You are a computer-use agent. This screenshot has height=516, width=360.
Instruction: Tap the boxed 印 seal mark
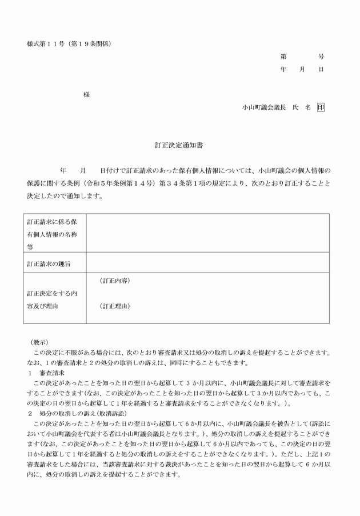tap(321, 106)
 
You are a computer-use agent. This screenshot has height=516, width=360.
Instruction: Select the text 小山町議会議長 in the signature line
tap(263, 107)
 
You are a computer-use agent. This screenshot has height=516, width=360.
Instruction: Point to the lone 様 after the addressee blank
tap(86, 94)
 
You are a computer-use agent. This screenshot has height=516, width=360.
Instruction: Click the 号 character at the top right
tap(321, 57)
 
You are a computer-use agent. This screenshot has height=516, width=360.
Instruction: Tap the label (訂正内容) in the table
tap(115, 281)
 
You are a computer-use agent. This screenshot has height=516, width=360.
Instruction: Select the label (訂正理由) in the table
tap(115, 306)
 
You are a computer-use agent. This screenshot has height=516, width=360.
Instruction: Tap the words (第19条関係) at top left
tap(91, 44)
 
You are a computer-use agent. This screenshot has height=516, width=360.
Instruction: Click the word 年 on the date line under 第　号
tap(283, 69)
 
